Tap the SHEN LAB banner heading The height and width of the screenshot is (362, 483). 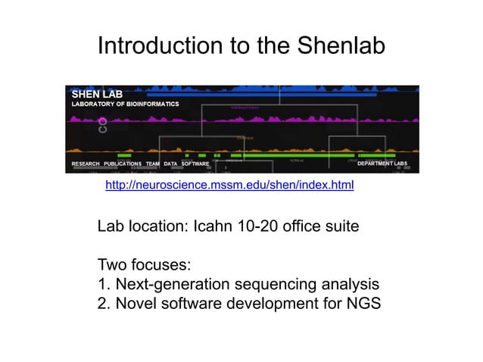pos(97,94)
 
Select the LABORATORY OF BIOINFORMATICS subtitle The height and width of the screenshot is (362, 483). pos(125,104)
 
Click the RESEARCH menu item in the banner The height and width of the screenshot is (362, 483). pos(85,164)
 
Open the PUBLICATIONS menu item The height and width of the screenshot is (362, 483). pos(123,164)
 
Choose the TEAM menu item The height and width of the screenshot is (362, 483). pos(152,164)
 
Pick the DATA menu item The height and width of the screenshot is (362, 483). pos(170,164)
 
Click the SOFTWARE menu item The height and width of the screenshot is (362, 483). pos(195,164)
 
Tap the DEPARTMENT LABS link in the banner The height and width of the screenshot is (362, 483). pos(382,164)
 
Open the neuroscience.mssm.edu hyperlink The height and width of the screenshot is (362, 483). pos(229,184)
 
